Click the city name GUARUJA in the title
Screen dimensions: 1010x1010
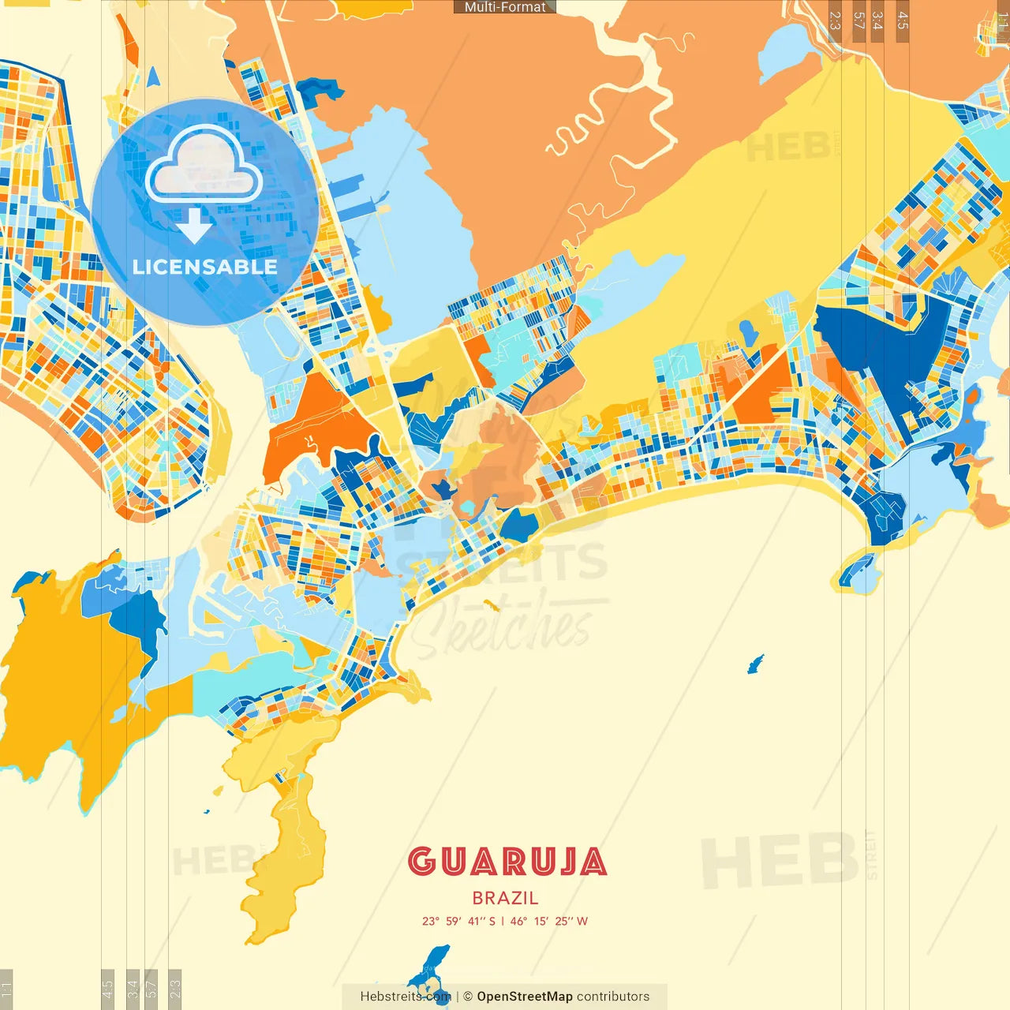pos(507,862)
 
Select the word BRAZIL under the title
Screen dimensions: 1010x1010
pos(506,898)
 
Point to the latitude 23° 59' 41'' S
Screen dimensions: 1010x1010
pos(458,921)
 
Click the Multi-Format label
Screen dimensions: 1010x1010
pos(504,7)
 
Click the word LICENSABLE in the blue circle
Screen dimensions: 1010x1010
pos(204,267)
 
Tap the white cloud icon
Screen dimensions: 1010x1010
pos(204,164)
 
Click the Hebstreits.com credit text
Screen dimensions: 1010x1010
pos(405,997)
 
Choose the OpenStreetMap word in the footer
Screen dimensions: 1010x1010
pos(524,997)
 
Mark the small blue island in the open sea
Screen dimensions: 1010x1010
pos(755,664)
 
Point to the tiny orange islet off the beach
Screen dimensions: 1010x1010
pos(491,606)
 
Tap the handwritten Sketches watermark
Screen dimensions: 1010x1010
pos(505,627)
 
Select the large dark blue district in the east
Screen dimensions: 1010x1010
pos(876,347)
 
